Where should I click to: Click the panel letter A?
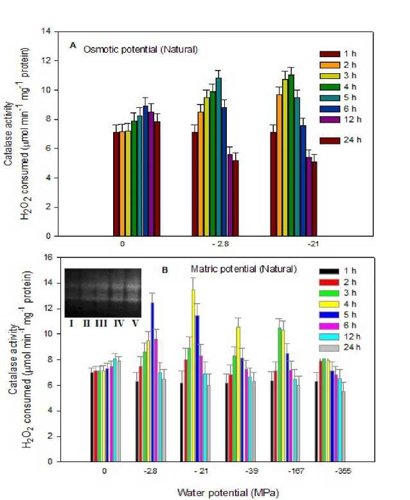click(74, 45)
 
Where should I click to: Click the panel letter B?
click(165, 270)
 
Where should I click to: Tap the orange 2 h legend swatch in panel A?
click(330, 67)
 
